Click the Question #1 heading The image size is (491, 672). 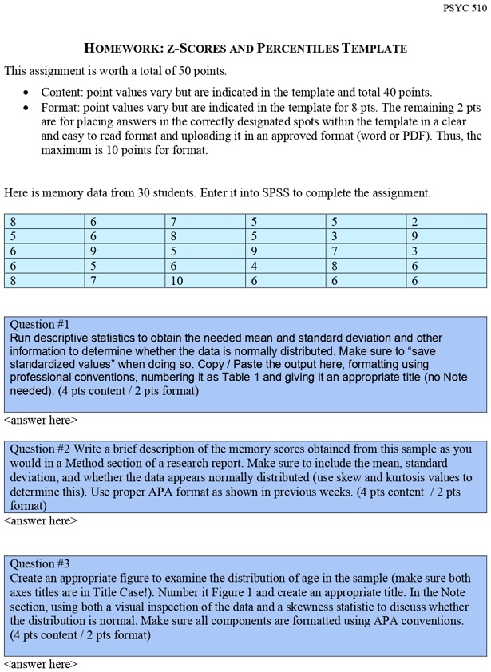pos(40,325)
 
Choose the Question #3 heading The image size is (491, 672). pos(40,564)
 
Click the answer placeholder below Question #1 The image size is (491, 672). pos(41,420)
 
